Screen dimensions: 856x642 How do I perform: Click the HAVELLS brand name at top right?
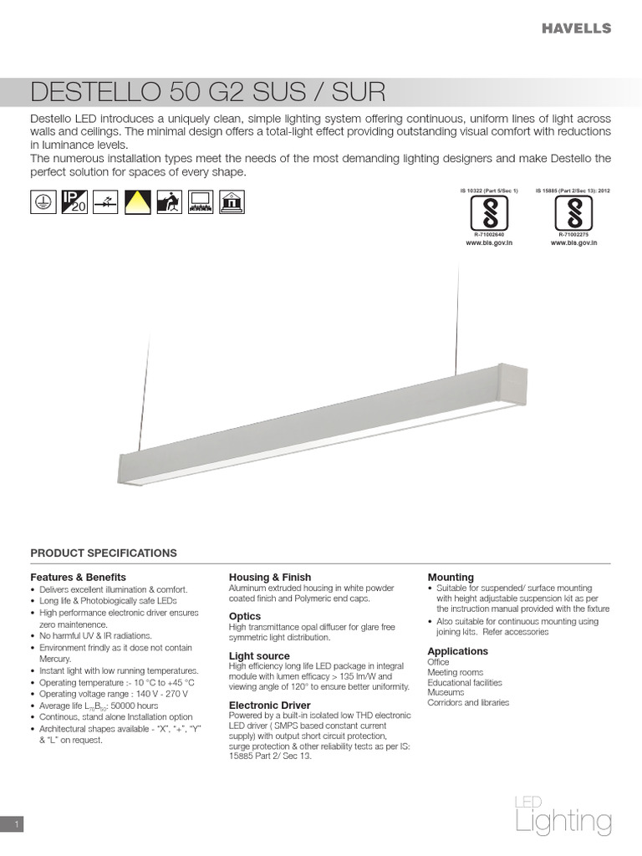pyautogui.click(x=576, y=28)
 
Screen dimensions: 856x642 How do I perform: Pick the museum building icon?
pyautogui.click(x=230, y=201)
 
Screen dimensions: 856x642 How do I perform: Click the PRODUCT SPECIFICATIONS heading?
pyautogui.click(x=104, y=553)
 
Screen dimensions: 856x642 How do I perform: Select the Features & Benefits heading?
pyautogui.click(x=78, y=577)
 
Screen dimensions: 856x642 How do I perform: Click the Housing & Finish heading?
pyautogui.click(x=270, y=577)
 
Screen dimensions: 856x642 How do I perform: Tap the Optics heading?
pyautogui.click(x=245, y=616)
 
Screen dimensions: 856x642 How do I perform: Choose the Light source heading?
pyautogui.click(x=259, y=655)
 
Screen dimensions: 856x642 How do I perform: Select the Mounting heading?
pyautogui.click(x=451, y=577)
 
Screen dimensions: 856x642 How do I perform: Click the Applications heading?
pyautogui.click(x=457, y=650)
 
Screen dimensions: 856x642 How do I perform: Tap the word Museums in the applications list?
pyautogui.click(x=446, y=692)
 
